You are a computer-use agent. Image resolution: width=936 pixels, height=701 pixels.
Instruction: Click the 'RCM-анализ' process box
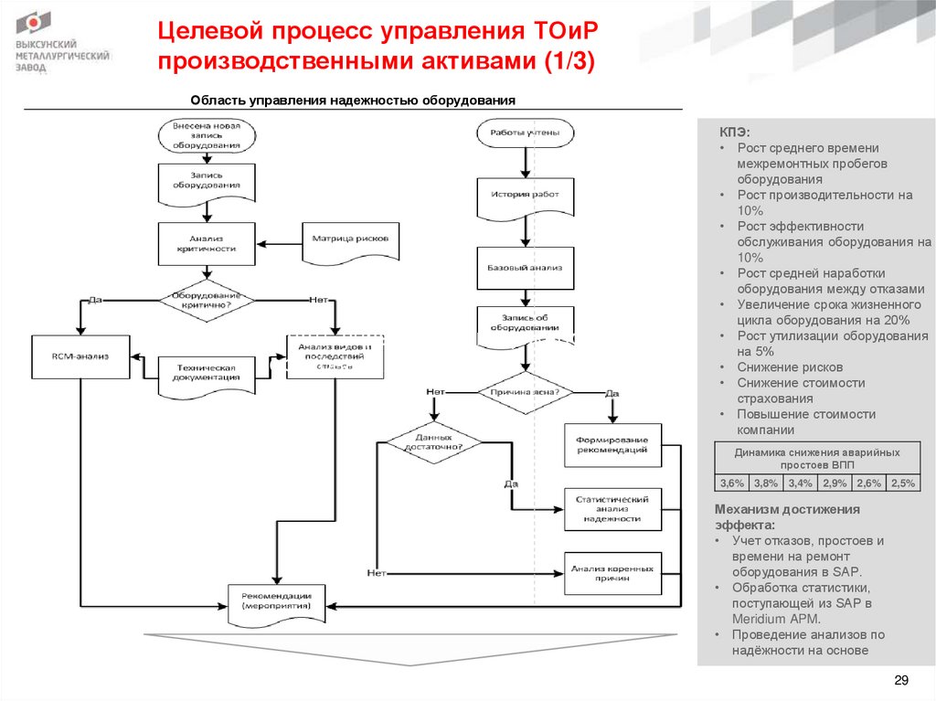80,355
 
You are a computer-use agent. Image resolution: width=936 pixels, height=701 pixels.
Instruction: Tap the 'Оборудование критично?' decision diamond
207,300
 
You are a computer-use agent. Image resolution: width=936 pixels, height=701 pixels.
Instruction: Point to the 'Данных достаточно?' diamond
431,441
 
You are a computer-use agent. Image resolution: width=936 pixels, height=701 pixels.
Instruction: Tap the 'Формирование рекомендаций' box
612,444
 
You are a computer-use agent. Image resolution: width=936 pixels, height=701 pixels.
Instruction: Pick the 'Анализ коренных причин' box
612,573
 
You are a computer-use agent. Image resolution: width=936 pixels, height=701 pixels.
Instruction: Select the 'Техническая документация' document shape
207,371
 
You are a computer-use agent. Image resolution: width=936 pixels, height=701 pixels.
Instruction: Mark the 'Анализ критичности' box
207,242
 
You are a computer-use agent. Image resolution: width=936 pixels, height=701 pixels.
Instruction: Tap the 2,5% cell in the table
902,483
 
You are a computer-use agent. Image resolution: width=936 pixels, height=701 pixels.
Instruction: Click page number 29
900,679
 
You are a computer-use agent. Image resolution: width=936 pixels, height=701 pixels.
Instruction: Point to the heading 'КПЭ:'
733,132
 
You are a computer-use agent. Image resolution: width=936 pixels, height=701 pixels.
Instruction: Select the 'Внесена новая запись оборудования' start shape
207,134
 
